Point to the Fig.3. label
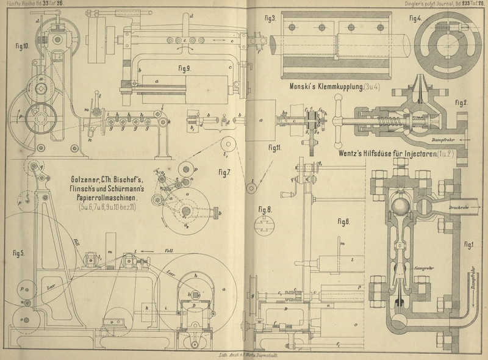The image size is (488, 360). coord(270,18)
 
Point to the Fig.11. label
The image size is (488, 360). coord(275,147)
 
